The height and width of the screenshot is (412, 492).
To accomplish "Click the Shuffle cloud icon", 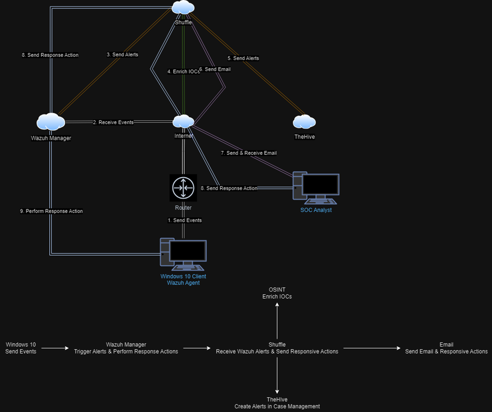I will pos(183,8).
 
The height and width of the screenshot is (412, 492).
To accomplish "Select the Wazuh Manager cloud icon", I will pos(51,122).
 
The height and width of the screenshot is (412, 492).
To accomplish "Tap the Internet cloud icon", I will pos(183,121).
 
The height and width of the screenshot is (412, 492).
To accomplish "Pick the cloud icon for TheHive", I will pos(304,122).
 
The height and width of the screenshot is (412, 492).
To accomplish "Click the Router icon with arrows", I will pos(183,188).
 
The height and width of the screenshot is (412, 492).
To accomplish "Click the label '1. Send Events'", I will pos(185,220).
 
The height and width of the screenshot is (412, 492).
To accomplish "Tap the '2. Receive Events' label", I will pos(113,122).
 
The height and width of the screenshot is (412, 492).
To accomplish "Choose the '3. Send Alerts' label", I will pos(122,55).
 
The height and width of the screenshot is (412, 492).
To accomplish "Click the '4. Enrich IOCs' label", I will pos(183,71).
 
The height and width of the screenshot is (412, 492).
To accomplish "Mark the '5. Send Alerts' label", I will pos(243,58).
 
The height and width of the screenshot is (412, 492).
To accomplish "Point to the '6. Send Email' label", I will pos(215,69).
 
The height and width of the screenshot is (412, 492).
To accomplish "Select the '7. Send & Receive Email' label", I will pos(249,153).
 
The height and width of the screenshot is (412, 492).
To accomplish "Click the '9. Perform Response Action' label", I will pos(51,211).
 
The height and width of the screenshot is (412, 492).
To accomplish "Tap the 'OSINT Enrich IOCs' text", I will pos(277,293).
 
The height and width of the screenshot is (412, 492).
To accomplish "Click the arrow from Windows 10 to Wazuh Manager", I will pos(54,348).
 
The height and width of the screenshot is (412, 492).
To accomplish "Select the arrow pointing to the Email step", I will pos(372,348).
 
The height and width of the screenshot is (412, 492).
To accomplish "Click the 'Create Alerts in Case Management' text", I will pos(277,407).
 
